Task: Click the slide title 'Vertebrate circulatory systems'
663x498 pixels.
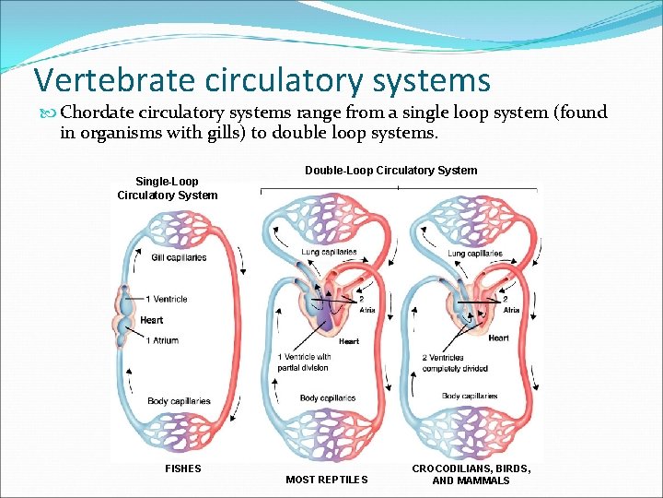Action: (262, 80)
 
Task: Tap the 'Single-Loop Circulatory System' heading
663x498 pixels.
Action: (167, 188)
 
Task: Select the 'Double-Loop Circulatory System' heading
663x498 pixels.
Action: (390, 170)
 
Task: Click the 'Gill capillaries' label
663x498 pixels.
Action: (179, 257)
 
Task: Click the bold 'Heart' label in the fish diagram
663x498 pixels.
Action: (152, 320)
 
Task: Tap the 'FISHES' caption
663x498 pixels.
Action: (182, 468)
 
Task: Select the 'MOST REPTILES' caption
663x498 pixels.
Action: (326, 480)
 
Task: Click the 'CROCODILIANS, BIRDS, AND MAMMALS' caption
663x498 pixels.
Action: (471, 474)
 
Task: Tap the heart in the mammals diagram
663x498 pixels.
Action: (465, 309)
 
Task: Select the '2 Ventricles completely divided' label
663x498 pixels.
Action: (456, 362)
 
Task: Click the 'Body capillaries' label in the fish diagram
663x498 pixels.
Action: (179, 401)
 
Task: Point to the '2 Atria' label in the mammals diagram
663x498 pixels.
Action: (510, 304)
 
